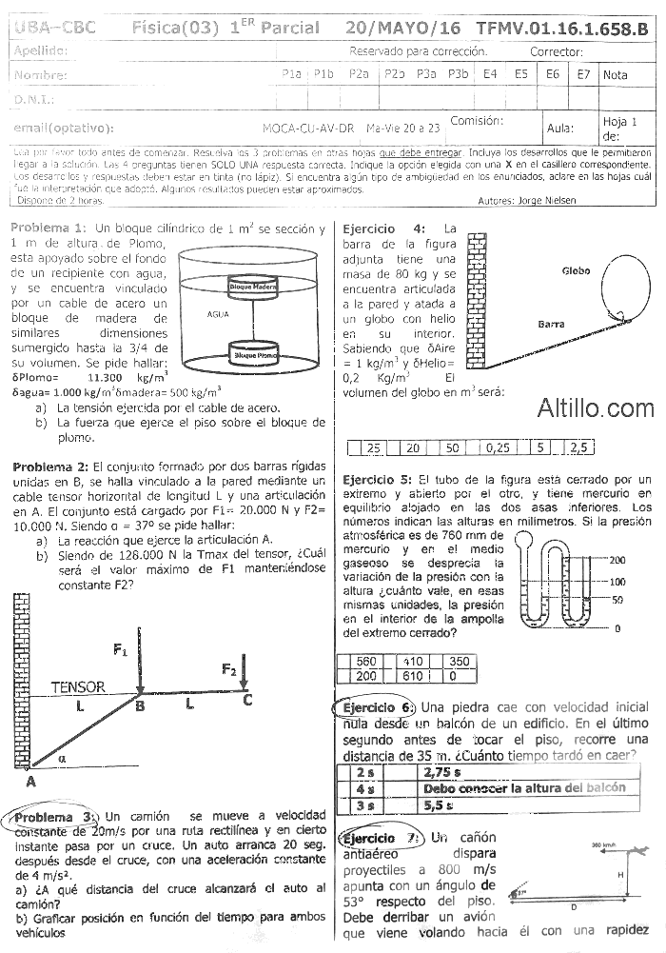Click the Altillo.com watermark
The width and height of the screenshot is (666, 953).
pos(596,409)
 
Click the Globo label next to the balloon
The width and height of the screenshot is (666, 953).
pos(577,270)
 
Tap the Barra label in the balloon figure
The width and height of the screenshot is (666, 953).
pos(551,325)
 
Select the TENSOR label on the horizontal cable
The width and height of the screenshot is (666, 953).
pos(78,686)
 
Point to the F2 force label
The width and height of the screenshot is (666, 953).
pos(229,670)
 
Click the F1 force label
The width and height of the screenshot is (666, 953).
pos(121,650)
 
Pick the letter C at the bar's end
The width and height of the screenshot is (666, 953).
pos(247,702)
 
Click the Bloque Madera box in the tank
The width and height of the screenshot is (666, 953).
pos(252,286)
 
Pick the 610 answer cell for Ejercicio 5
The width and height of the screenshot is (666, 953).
pos(413,675)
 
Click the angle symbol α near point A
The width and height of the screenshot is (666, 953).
pos(63,759)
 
